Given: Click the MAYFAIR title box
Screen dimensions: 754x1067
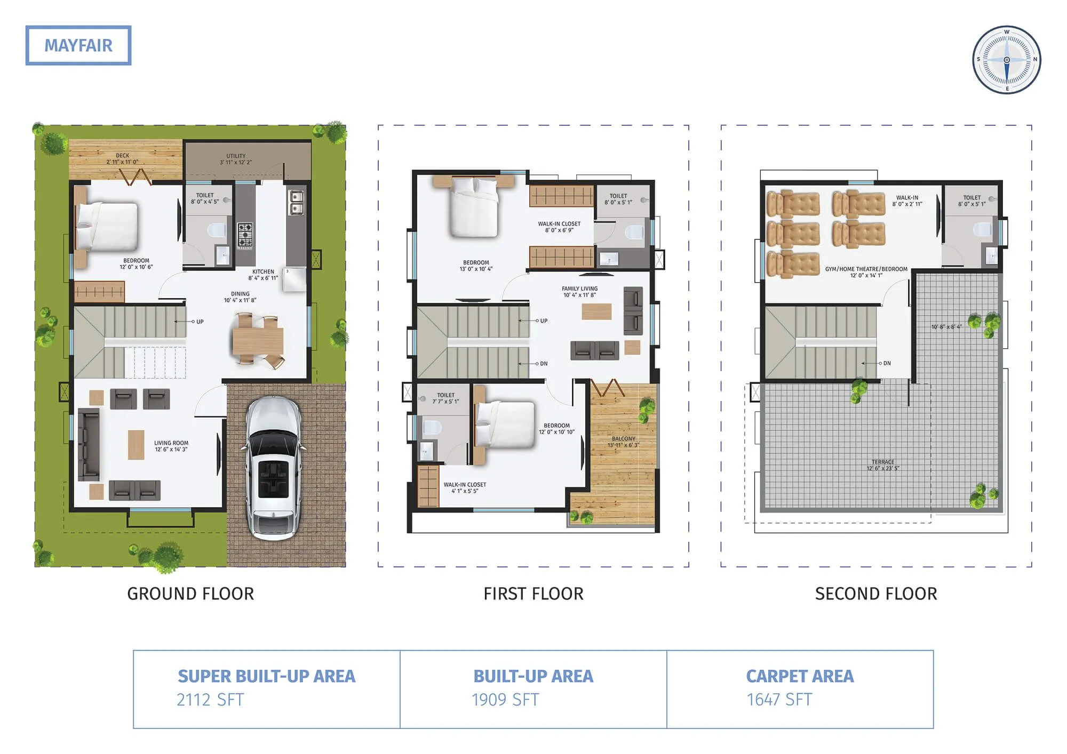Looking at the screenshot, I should coord(78,45).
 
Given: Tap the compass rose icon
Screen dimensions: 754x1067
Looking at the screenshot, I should coord(1006,60).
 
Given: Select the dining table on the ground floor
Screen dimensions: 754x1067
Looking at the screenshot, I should coord(258,341).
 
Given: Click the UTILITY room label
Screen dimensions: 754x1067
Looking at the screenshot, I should coord(236,159).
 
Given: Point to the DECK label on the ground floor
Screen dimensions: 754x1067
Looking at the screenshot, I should coord(122,158).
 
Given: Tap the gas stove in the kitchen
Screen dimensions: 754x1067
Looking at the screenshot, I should coord(245,235).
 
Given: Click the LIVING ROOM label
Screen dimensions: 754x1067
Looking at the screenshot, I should coord(171,446).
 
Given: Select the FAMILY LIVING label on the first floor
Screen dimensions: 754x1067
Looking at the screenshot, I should coord(579,291).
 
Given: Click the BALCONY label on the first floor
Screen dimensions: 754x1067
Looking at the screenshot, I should coord(623,442).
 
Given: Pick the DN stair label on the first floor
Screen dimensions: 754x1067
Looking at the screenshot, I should coord(543,364).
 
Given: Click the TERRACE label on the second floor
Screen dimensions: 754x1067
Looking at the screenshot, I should coord(883,465).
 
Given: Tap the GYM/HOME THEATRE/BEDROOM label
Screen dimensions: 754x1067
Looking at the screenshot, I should coord(866,272).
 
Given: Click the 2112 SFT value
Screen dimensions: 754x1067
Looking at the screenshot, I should coord(210,700).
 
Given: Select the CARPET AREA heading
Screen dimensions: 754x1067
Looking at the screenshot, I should coord(800,676).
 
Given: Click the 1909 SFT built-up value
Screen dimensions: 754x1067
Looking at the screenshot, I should coord(505,700).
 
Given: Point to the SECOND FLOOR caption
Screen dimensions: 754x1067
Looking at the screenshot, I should coord(875,593).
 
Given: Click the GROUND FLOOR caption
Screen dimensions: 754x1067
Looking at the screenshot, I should coord(190,593).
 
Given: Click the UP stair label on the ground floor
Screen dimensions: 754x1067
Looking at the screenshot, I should coord(200,322).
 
